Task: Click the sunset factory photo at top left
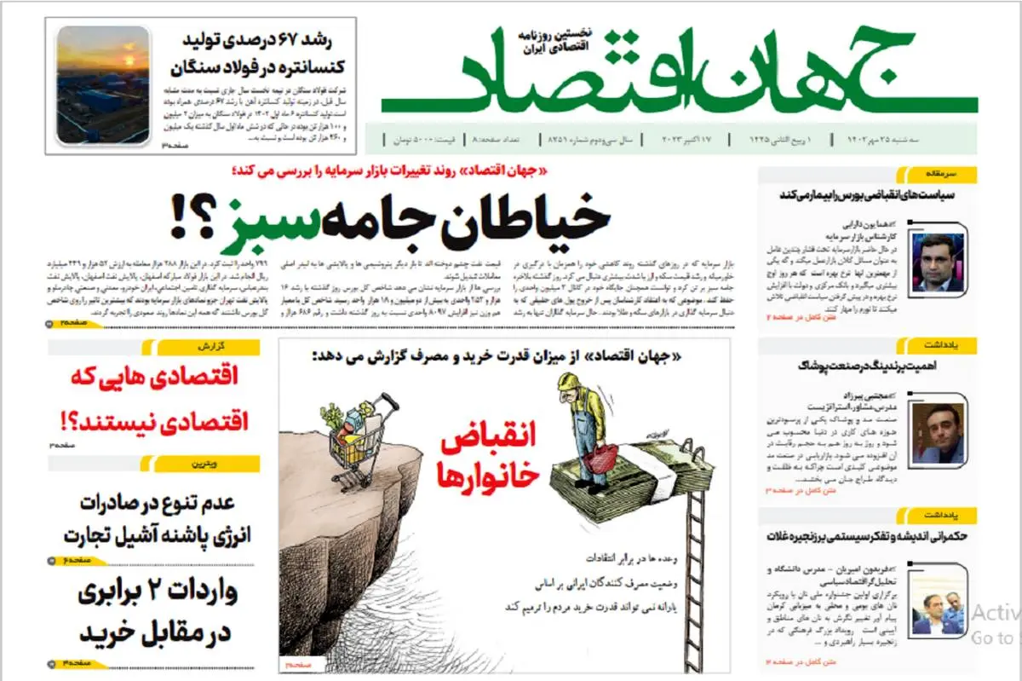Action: pos(103,84)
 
